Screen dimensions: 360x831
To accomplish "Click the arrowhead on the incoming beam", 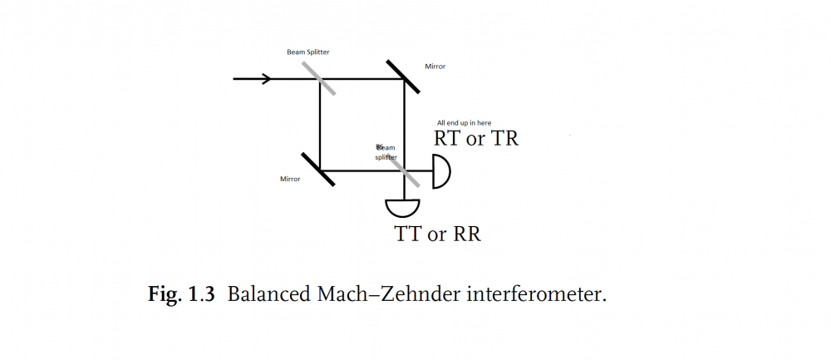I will point(267,79).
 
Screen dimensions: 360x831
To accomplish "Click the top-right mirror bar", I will point(403,77).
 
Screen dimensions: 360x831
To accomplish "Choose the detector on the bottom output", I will point(403,205).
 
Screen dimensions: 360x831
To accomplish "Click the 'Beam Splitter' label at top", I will point(308,52).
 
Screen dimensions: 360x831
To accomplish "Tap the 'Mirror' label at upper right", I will point(435,66).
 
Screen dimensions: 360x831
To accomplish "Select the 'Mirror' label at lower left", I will point(290,179).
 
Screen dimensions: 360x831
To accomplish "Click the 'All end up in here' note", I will point(464,123).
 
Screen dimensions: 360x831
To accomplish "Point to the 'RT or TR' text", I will point(476,139).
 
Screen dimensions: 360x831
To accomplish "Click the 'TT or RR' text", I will point(438,234).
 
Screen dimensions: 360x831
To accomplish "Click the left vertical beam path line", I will point(320,125).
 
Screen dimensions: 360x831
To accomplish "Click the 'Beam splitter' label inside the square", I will point(386,152).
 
